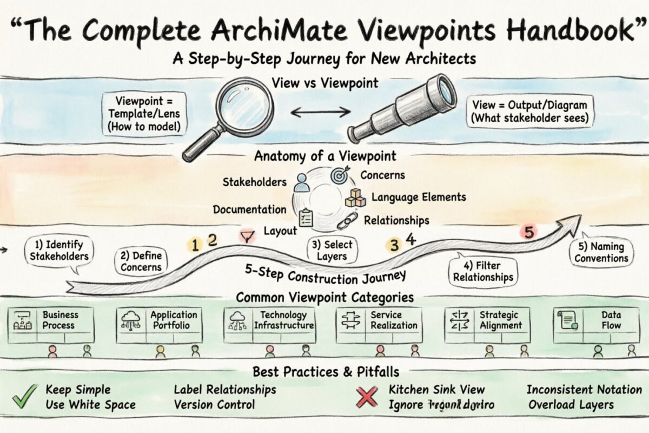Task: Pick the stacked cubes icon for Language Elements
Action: pos(355,198)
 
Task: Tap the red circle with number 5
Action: pos(529,233)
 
